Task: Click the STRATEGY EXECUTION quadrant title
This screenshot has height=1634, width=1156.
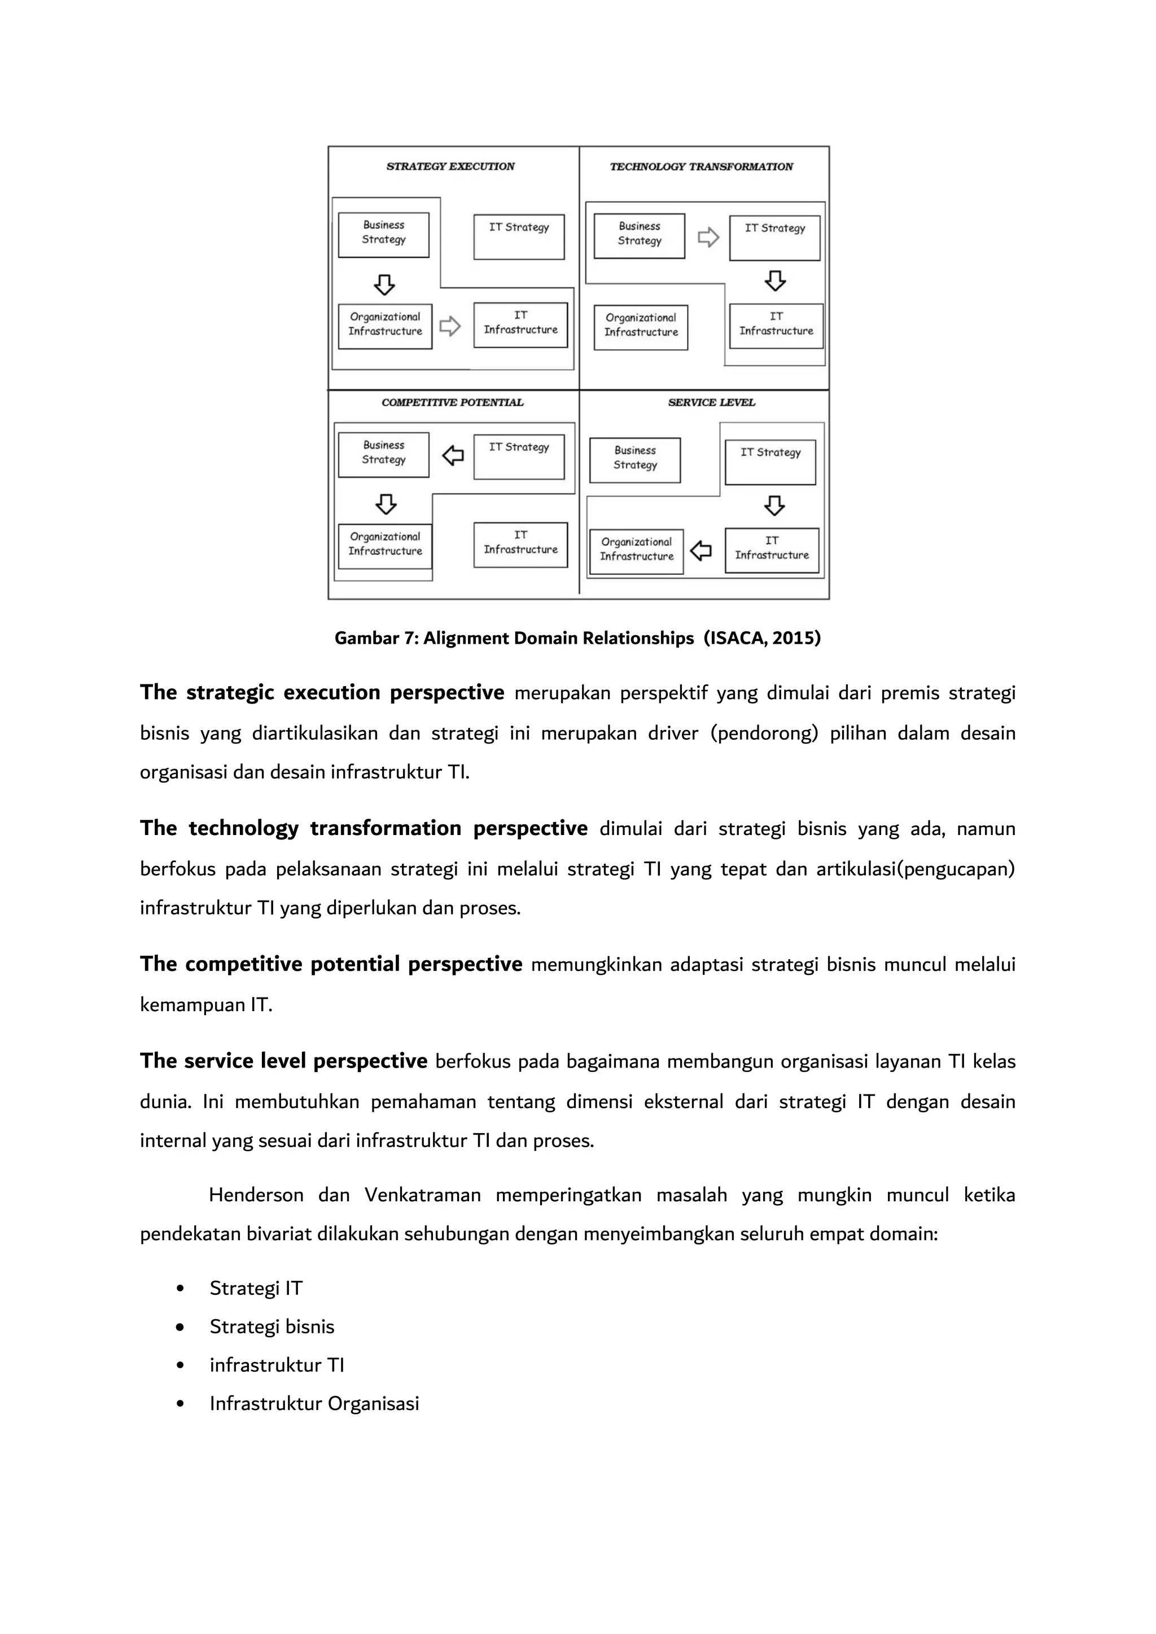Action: point(450,166)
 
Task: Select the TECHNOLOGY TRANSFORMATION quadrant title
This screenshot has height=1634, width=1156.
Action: point(701,166)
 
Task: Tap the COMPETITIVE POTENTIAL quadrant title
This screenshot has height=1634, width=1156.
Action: point(452,403)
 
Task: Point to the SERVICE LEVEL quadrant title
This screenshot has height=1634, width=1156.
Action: point(711,403)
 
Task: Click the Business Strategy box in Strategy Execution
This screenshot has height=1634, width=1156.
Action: point(384,234)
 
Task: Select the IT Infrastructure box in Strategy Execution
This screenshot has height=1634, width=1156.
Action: point(520,324)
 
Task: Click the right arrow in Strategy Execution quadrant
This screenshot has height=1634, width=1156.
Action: point(450,327)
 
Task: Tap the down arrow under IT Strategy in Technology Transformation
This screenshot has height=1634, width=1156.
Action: point(775,281)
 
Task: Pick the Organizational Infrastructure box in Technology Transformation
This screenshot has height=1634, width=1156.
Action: point(641,327)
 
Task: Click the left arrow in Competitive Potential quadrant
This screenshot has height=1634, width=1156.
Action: point(453,455)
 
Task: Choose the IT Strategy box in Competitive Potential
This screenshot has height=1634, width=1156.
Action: point(519,456)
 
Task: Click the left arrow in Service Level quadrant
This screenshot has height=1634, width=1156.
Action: point(701,550)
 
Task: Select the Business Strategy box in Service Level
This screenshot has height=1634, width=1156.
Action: point(635,460)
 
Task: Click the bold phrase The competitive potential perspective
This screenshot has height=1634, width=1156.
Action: point(331,964)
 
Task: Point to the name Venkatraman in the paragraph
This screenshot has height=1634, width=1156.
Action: point(423,1195)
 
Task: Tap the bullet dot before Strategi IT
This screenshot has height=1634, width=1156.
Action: point(180,1289)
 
